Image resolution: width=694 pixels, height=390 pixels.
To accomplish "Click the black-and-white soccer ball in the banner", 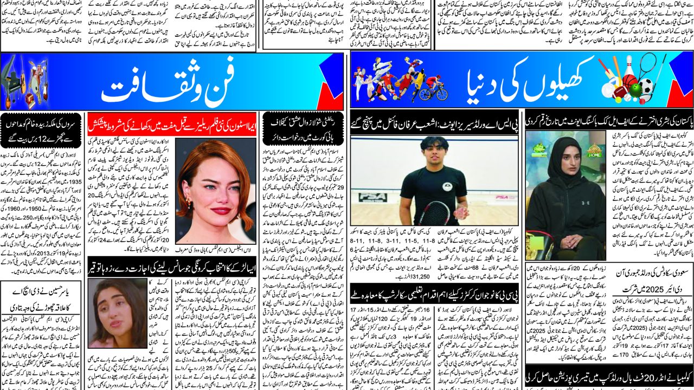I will pyautogui.click(x=646, y=88).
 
